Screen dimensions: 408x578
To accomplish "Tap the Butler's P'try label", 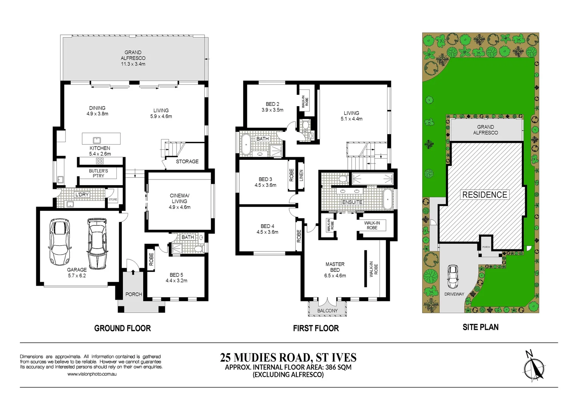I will coord(98,173).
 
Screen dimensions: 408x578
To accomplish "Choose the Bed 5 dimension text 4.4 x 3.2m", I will coord(176,281).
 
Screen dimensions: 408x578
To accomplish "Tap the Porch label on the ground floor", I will coord(133,294).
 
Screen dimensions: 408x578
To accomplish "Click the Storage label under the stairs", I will coord(187,161).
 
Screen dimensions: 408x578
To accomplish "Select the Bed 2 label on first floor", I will coord(272,104).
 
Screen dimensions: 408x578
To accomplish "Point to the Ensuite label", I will coord(352,202).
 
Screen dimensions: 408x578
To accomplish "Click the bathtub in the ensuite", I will coord(388,199).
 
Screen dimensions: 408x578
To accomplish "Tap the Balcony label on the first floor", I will coord(327,311).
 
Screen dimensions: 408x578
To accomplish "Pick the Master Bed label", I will coord(335,267).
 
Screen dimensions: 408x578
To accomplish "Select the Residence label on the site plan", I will coord(485,195).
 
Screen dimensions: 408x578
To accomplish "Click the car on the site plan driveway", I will coord(452,277).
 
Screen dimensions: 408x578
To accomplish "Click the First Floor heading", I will coord(316,328).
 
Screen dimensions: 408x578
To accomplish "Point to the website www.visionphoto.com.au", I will coord(92,374).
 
